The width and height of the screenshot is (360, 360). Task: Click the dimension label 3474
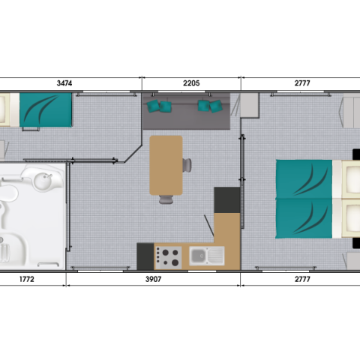tap(64, 83)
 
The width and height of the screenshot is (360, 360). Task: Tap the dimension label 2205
tap(191, 83)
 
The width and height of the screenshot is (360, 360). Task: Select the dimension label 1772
tap(27, 279)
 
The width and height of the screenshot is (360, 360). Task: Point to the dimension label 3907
tap(153, 279)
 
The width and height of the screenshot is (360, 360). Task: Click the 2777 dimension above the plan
tap(302, 83)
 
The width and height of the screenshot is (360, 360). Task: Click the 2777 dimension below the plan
tap(302, 279)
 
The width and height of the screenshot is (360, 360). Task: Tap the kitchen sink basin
tap(198, 256)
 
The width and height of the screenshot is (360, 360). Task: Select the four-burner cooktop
tap(168, 257)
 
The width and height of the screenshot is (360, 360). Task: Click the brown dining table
tap(166, 165)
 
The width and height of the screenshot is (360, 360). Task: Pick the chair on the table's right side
tap(187, 165)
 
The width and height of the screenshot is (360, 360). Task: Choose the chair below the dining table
tap(166, 199)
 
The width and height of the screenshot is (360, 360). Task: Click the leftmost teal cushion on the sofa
tap(153, 106)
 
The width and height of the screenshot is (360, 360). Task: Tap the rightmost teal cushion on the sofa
tap(216, 106)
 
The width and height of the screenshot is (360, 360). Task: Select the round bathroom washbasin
tap(43, 179)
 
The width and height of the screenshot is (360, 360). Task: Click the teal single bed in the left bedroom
tap(46, 110)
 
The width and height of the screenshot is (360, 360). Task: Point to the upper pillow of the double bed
tap(351, 179)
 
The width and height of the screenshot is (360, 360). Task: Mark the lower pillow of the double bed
tap(351, 218)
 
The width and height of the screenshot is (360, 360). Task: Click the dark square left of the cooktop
tap(145, 256)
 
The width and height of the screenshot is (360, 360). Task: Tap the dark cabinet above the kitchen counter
tap(227, 200)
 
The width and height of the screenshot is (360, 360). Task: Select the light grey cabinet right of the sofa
tap(250, 105)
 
